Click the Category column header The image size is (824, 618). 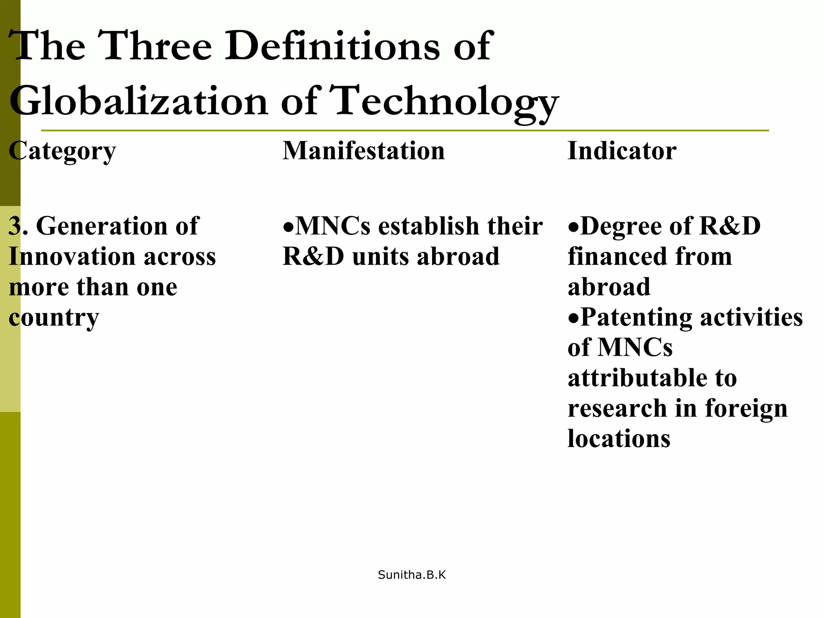pyautogui.click(x=62, y=151)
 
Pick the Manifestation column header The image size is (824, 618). pyautogui.click(x=363, y=150)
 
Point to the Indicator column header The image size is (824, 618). pyautogui.click(x=622, y=150)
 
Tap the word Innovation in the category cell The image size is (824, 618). pyautogui.click(x=72, y=256)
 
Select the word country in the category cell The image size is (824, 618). pyautogui.click(x=54, y=317)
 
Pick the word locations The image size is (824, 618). pyautogui.click(x=619, y=438)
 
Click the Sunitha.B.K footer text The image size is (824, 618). pyautogui.click(x=412, y=575)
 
